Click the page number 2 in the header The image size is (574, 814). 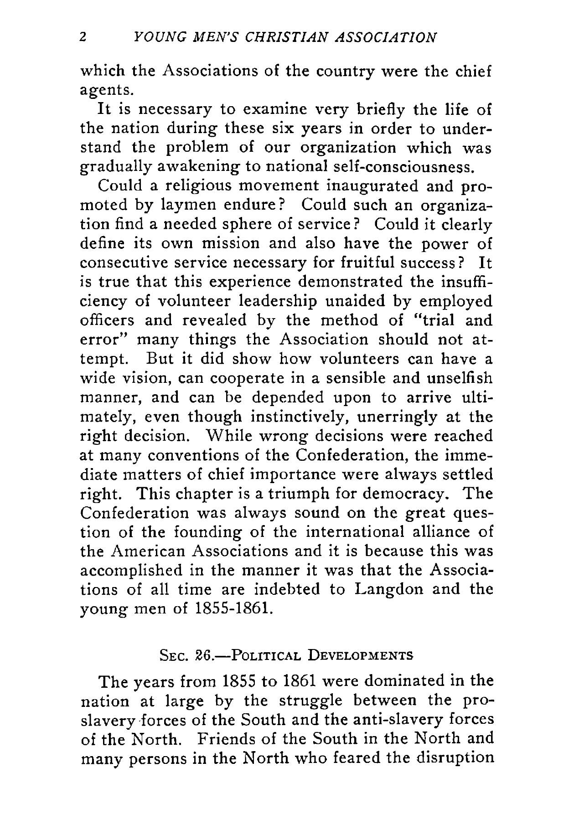(x=83, y=37)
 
